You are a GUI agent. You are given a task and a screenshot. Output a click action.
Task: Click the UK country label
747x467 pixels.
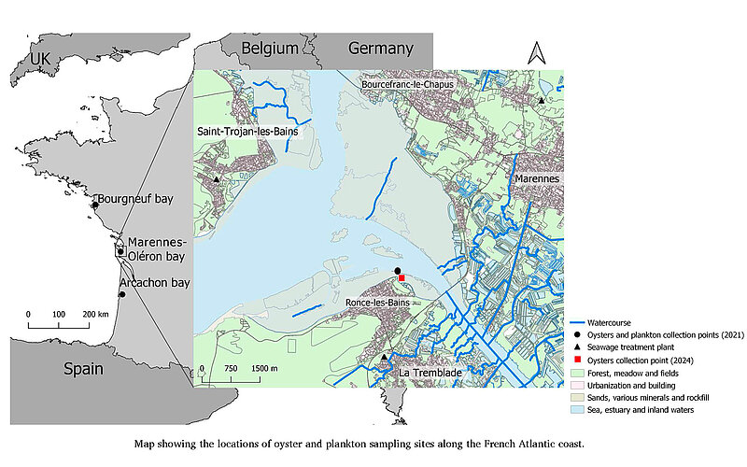click(38, 59)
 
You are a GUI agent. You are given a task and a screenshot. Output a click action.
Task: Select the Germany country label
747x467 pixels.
click(380, 49)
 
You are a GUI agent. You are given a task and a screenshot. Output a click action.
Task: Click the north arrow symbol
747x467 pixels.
click(536, 53)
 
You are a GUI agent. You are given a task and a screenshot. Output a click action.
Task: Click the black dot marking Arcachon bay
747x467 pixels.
click(121, 295)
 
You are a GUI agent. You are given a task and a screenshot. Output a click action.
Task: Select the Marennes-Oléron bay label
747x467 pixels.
click(159, 249)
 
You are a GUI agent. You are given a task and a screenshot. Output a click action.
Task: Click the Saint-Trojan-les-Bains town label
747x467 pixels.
click(252, 133)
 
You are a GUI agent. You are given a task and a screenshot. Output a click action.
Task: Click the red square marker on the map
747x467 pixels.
click(402, 277)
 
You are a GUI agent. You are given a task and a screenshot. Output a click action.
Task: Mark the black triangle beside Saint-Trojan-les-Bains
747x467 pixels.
click(216, 179)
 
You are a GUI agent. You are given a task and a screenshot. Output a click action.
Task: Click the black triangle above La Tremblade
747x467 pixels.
click(384, 357)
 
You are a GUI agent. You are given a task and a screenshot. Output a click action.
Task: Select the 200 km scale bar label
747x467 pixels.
click(96, 314)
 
